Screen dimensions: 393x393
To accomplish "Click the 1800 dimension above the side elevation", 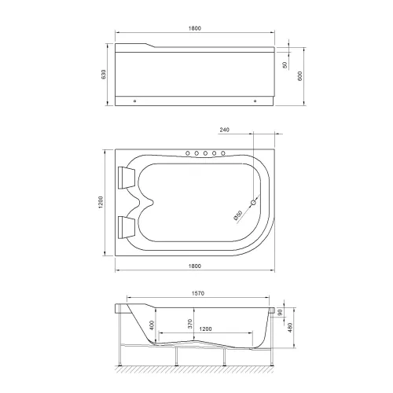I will click(196, 29).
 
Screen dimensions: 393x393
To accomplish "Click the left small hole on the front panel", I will click(135, 100).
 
